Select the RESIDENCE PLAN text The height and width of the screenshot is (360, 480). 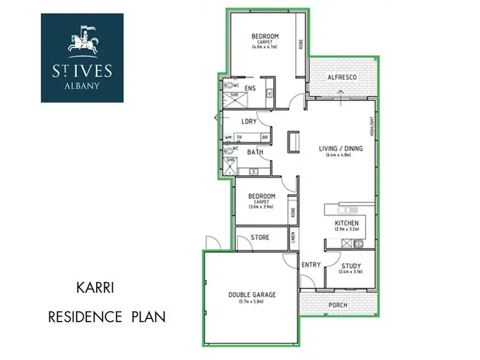(x=107, y=316)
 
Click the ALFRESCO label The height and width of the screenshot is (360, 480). (x=341, y=77)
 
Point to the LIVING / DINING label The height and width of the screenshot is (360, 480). (x=340, y=148)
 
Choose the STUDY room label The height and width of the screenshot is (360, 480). (x=351, y=266)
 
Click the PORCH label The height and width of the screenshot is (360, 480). (x=338, y=305)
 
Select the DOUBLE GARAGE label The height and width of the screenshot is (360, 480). (x=252, y=295)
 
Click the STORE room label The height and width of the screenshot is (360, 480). (x=260, y=238)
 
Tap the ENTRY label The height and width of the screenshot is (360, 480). (x=310, y=265)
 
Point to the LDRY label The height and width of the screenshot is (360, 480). (x=248, y=121)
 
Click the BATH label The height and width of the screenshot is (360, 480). (x=255, y=152)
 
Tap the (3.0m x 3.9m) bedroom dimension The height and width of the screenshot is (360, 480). (x=262, y=207)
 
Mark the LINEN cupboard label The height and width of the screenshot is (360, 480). (x=293, y=237)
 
